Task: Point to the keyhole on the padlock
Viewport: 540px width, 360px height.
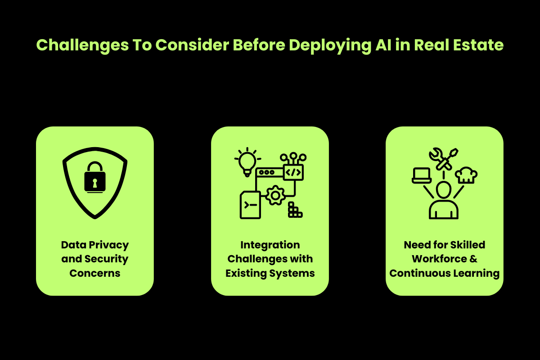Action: pyautogui.click(x=95, y=182)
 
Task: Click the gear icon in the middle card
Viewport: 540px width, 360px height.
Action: pyautogui.click(x=275, y=196)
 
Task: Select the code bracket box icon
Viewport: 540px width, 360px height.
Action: pyautogui.click(x=293, y=172)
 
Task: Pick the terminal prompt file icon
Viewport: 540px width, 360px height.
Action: pyautogui.click(x=250, y=205)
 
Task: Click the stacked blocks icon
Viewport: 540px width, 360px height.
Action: pyautogui.click(x=295, y=211)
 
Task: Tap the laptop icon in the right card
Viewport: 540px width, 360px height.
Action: pyautogui.click(x=422, y=175)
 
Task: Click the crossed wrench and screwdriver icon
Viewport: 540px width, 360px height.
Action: pyautogui.click(x=444, y=159)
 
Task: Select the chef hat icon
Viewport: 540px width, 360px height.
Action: pyautogui.click(x=466, y=175)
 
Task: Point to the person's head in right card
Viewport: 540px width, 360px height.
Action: pyautogui.click(x=444, y=189)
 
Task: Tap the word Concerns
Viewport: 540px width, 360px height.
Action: pyautogui.click(x=95, y=273)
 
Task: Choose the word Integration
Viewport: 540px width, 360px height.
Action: pyautogui.click(x=270, y=245)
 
